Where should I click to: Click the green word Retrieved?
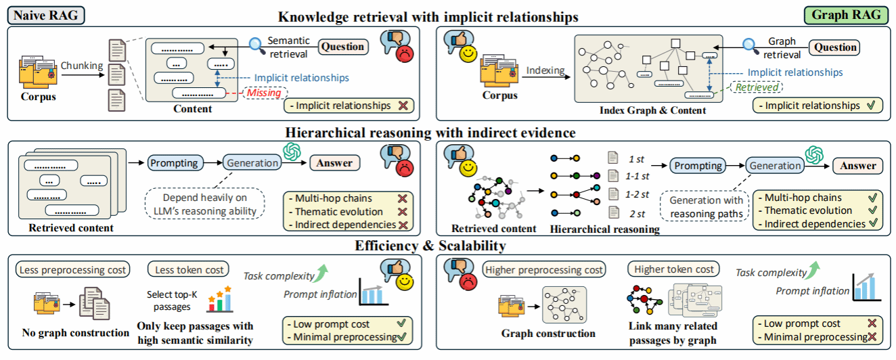pyautogui.click(x=756, y=87)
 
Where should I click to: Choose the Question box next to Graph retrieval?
pyautogui.click(x=835, y=47)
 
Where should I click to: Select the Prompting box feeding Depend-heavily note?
pyautogui.click(x=173, y=162)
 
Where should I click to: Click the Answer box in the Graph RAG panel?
pyautogui.click(x=858, y=166)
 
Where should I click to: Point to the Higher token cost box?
pyautogui.click(x=674, y=269)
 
